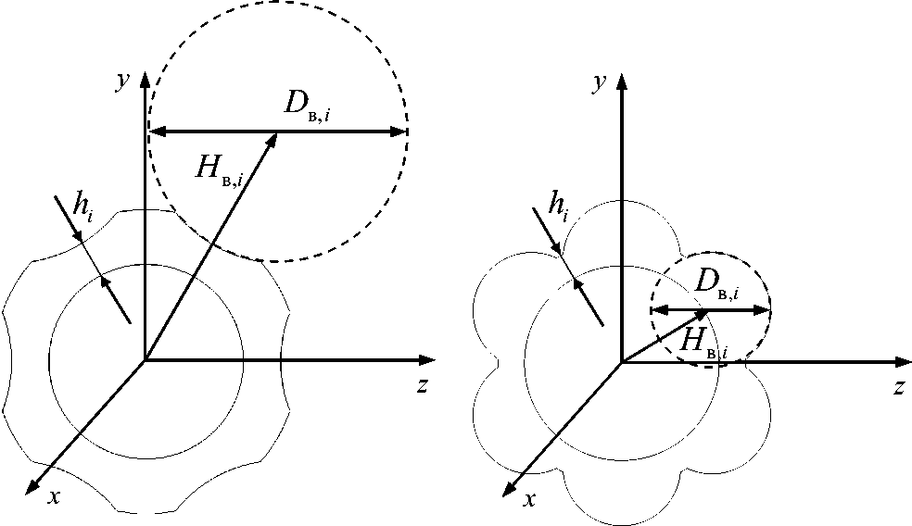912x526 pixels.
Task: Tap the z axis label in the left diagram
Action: coord(422,386)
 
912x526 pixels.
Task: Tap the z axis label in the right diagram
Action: coord(897,386)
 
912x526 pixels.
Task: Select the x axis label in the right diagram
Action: coord(530,499)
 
